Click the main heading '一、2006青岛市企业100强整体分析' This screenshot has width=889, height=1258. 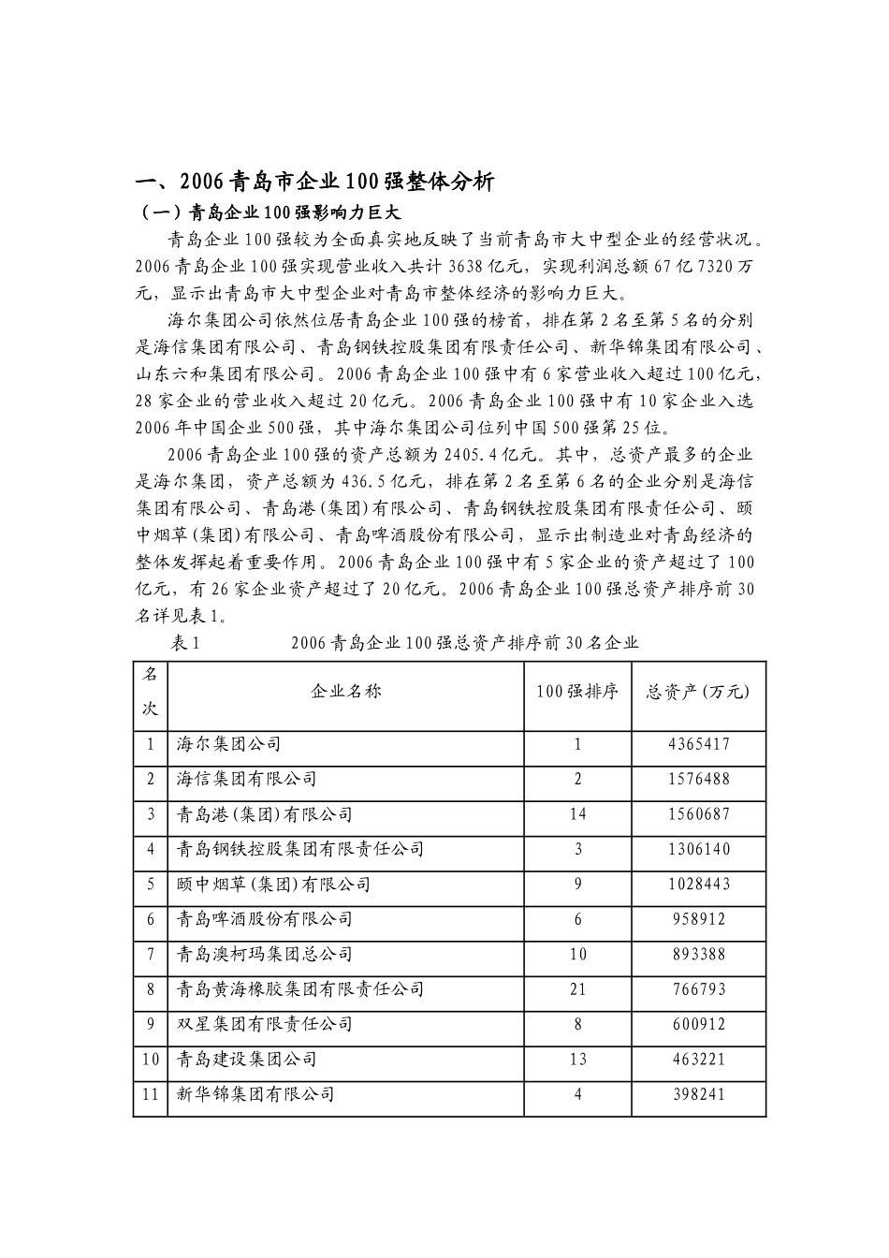coord(315,182)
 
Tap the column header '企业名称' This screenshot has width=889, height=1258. coord(345,692)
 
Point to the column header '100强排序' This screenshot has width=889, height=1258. coord(576,692)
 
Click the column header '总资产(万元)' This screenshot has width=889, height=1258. coord(698,692)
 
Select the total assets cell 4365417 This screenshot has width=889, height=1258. coord(699,745)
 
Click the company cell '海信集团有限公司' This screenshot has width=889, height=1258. coord(247,780)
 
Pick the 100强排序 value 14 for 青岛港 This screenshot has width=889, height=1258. coord(577,814)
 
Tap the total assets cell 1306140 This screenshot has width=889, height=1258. coord(699,850)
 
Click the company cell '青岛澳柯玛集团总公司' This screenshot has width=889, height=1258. coord(265,955)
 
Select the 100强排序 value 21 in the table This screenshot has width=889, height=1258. coord(577,989)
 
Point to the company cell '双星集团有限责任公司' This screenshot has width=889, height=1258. coord(265,1025)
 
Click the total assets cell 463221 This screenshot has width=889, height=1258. coord(699,1060)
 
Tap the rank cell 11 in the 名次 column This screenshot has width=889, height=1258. coord(150,1094)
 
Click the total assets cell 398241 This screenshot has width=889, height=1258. coord(699,1094)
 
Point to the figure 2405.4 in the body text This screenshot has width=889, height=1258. coord(507,456)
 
